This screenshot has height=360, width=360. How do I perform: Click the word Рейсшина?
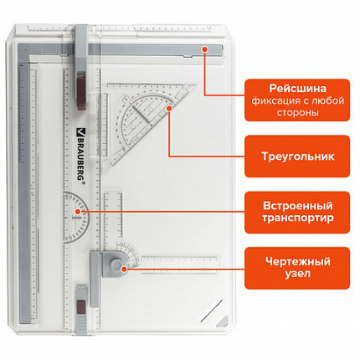[297, 89]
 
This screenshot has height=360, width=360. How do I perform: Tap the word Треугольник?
[297, 157]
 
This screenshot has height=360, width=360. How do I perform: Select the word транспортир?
[297, 218]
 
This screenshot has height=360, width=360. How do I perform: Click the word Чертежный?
[297, 262]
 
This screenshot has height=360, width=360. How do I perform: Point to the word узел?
[297, 274]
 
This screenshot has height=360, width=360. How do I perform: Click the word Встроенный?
[297, 206]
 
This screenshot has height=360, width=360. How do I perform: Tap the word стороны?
[297, 112]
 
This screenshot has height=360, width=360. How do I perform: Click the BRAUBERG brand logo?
[80, 156]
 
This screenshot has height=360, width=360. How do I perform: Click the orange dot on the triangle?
[169, 108]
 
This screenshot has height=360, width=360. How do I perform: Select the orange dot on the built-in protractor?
[78, 212]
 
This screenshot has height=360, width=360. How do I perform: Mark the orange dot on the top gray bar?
[205, 49]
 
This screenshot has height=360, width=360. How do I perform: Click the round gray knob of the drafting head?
[116, 263]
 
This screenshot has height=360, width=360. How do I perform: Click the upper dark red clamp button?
[81, 90]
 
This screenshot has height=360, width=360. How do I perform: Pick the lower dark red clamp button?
[82, 306]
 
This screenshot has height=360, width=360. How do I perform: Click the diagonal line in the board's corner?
[211, 311]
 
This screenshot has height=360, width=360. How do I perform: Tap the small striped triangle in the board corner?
[224, 321]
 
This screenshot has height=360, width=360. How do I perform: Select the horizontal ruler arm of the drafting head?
[179, 265]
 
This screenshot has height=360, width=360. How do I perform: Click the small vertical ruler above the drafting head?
[113, 215]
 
